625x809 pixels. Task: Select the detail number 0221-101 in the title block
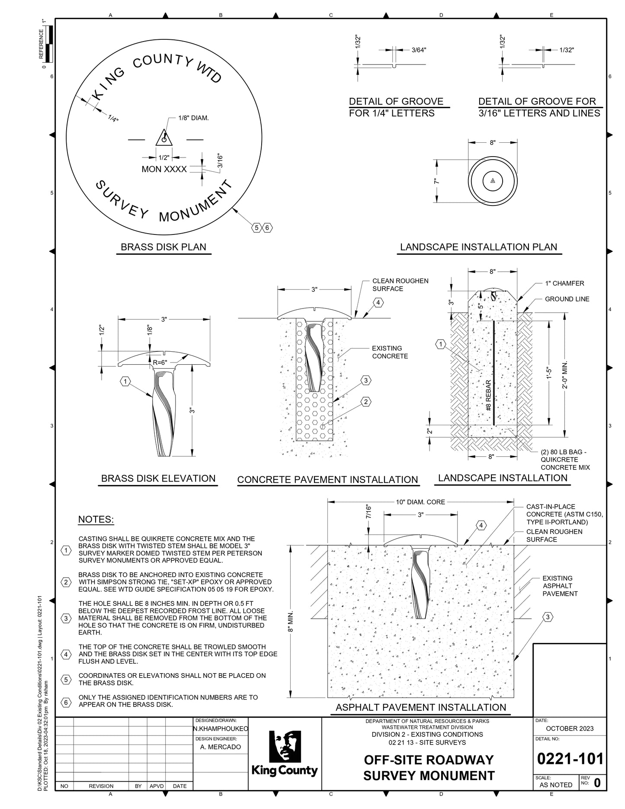coord(570,758)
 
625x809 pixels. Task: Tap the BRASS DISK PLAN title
coord(163,247)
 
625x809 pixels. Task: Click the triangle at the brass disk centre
coord(164,138)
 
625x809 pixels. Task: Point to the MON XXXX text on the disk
coord(164,169)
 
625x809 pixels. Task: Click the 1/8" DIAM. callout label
coord(193,118)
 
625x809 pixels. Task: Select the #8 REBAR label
coord(488,395)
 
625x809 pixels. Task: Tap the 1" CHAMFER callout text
coord(564,283)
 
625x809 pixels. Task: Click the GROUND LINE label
coord(567,299)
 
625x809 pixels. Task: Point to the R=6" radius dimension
coord(160,362)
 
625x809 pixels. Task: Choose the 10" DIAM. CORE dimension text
coord(420,502)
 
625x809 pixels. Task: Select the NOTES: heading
coord(96,520)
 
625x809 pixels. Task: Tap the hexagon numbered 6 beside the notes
coord(66,702)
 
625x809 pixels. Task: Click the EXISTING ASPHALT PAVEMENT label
coord(560,586)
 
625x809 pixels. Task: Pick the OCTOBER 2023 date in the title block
coord(570,728)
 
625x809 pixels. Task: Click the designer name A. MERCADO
coord(221,747)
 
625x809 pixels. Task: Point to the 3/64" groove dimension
coord(418,50)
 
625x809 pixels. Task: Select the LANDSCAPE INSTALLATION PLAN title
coord(478,247)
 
